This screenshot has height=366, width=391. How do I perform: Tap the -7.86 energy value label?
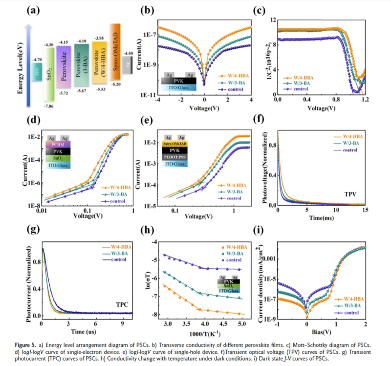pyautogui.click(x=49, y=106)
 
